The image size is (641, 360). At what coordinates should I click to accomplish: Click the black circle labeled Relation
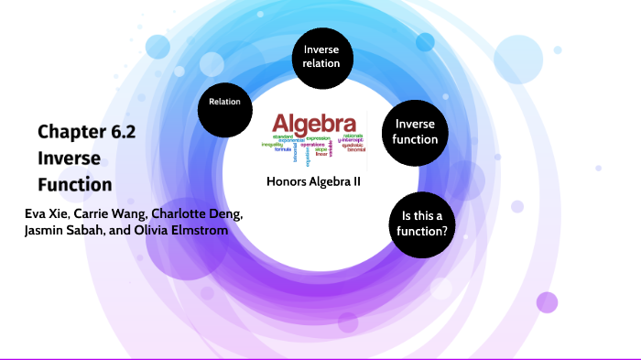tap(225, 103)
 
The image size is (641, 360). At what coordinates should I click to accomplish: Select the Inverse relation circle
tap(321, 57)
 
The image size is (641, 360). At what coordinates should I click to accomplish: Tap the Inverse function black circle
tap(416, 132)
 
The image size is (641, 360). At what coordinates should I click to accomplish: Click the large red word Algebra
tap(315, 124)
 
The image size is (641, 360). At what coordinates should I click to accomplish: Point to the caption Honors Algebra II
tap(313, 181)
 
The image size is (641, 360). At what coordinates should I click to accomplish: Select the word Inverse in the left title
tap(63, 158)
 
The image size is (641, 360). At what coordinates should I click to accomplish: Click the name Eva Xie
tap(48, 213)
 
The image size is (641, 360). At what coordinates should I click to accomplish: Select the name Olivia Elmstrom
tap(179, 230)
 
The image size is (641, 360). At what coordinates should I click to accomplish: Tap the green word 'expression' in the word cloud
tap(319, 137)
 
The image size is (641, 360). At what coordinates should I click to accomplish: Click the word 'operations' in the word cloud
tap(312, 145)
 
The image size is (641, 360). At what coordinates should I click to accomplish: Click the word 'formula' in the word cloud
tap(284, 148)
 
